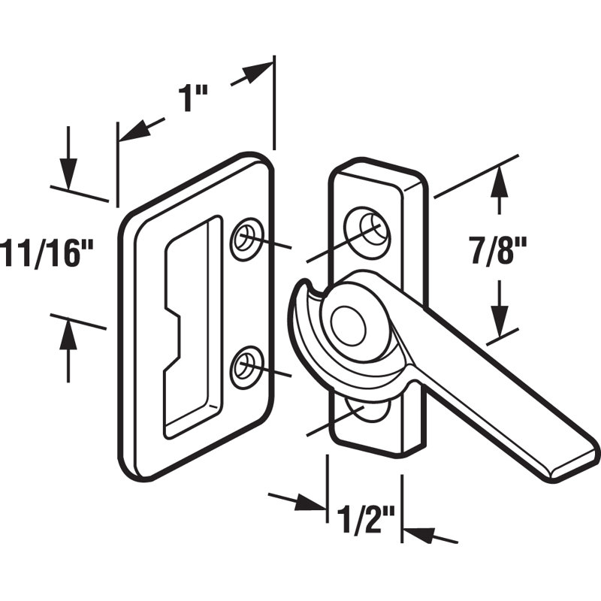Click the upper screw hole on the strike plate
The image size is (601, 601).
pyautogui.click(x=245, y=239)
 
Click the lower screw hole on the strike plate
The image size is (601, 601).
pyautogui.click(x=245, y=367)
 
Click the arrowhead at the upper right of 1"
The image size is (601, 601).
pyautogui.click(x=259, y=71)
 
